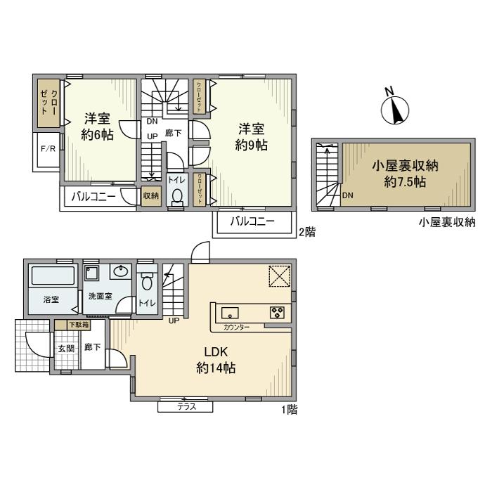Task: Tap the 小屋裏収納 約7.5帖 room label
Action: [406, 174]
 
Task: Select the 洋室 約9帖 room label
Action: [251, 137]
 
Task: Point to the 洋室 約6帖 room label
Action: [98, 127]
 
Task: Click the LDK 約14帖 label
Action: [215, 359]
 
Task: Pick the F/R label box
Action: [48, 149]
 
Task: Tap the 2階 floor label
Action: [306, 231]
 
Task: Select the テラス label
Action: [186, 407]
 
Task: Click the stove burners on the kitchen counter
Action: [276, 313]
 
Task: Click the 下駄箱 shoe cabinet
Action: [78, 325]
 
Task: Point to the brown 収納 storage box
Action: [151, 197]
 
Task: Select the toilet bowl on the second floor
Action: [178, 196]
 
